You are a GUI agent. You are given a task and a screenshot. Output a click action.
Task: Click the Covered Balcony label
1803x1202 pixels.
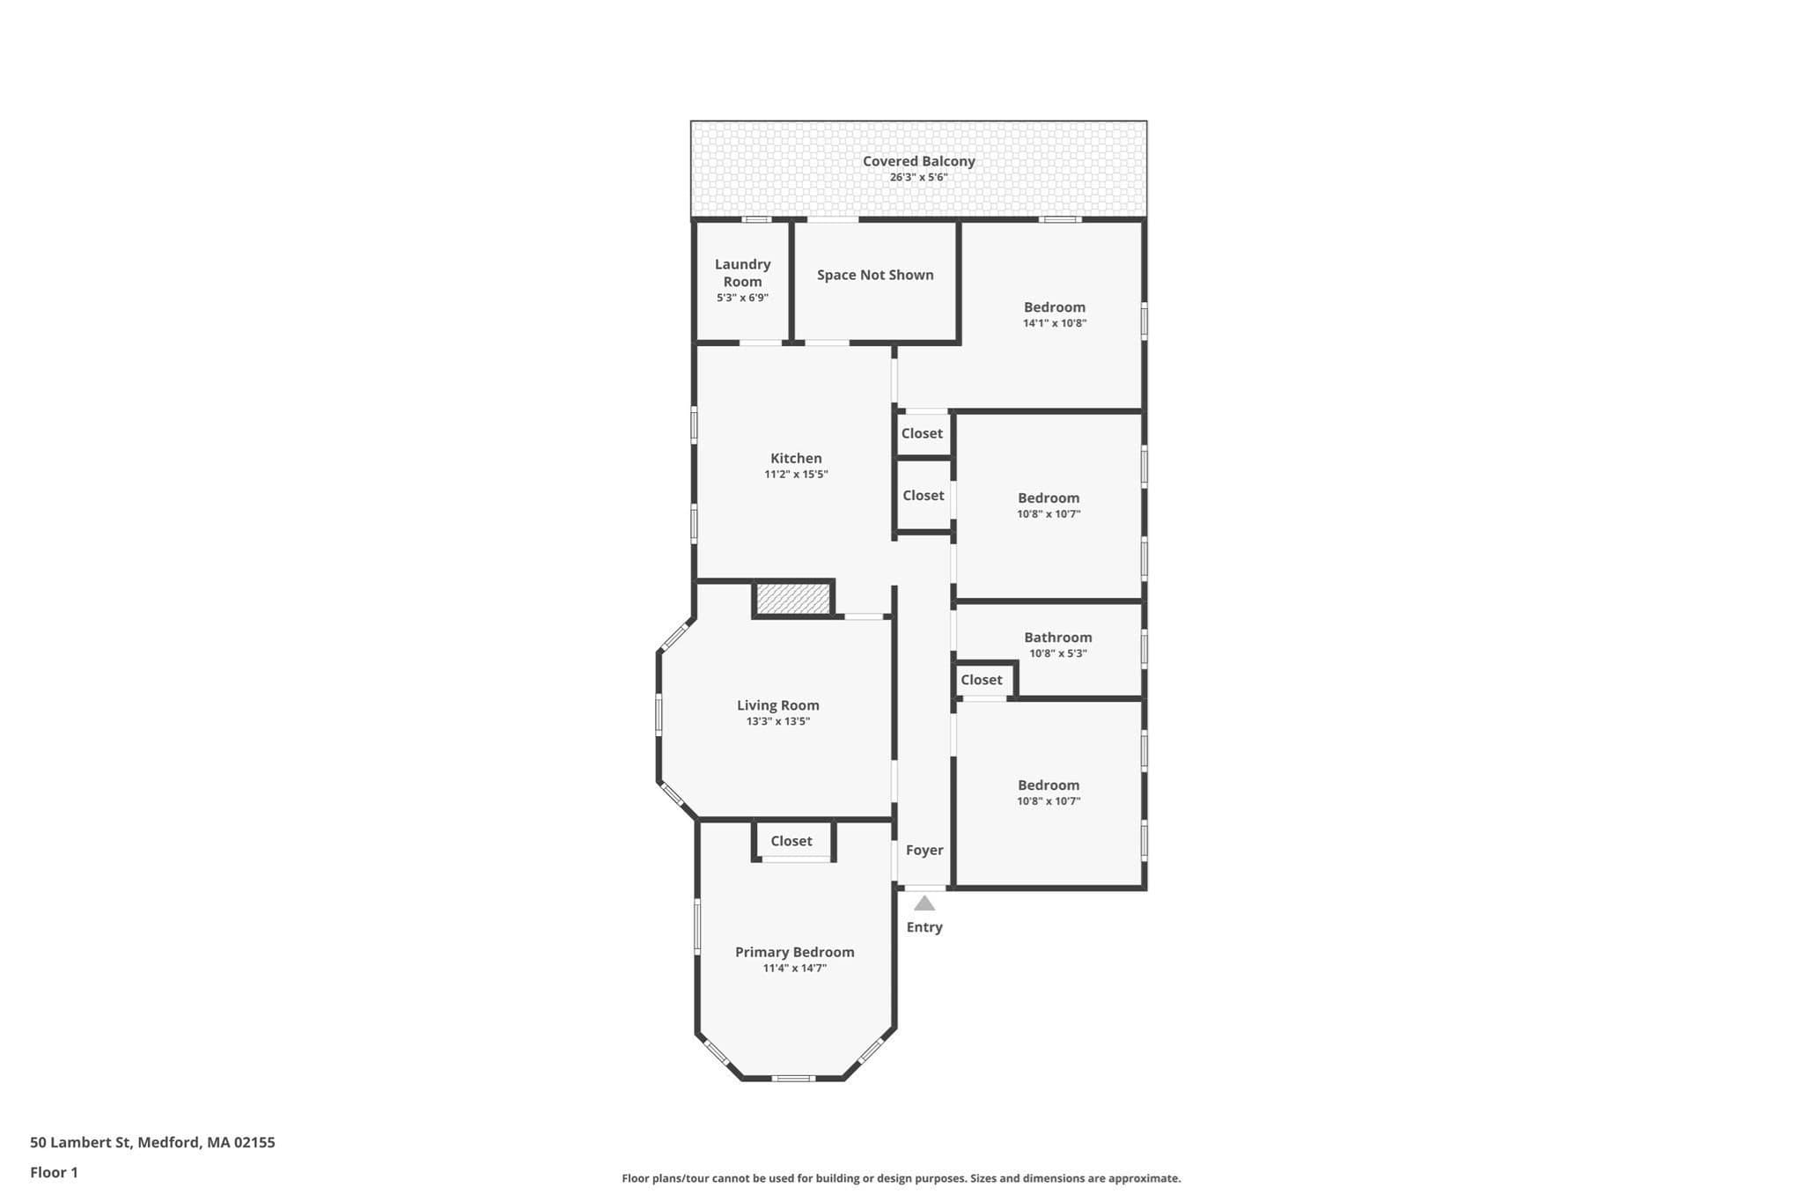tap(918, 161)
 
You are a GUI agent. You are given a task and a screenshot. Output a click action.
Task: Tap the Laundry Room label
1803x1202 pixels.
tap(742, 273)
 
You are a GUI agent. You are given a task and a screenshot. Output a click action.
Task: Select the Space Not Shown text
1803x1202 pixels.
tap(875, 275)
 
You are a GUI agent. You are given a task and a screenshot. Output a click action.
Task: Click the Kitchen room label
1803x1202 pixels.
tap(796, 458)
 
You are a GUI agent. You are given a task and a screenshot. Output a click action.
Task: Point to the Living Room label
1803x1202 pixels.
tap(777, 705)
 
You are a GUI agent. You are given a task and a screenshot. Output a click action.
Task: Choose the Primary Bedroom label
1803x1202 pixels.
tap(794, 952)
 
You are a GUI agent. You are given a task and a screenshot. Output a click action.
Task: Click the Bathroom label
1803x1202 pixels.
tap(1057, 638)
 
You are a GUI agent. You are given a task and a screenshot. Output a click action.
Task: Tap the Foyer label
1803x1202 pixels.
tap(924, 851)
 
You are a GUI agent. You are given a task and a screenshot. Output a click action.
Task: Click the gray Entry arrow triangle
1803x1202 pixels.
tap(924, 903)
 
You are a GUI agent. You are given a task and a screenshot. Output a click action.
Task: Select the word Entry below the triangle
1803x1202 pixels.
tap(924, 927)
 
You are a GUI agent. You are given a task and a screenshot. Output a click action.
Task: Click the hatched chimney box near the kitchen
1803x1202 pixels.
tap(793, 599)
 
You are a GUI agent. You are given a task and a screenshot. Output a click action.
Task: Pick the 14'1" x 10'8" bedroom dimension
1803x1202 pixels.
tap(1055, 323)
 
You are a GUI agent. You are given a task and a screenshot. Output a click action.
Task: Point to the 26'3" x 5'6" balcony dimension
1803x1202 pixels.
tap(918, 177)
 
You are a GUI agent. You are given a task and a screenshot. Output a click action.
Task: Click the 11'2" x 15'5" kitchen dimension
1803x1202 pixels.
tap(796, 475)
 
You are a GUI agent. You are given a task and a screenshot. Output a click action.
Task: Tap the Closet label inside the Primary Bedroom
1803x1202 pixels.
tap(791, 841)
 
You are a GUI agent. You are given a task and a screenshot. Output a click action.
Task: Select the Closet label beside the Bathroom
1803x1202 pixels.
tap(981, 680)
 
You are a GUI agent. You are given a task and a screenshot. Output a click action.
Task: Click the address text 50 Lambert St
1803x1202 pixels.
tap(80, 1142)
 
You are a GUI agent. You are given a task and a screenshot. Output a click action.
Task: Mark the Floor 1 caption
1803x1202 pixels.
tap(54, 1172)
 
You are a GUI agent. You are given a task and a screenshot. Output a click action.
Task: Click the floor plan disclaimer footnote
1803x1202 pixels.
tap(901, 1178)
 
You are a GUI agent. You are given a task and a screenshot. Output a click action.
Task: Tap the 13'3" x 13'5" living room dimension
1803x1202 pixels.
tap(777, 721)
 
